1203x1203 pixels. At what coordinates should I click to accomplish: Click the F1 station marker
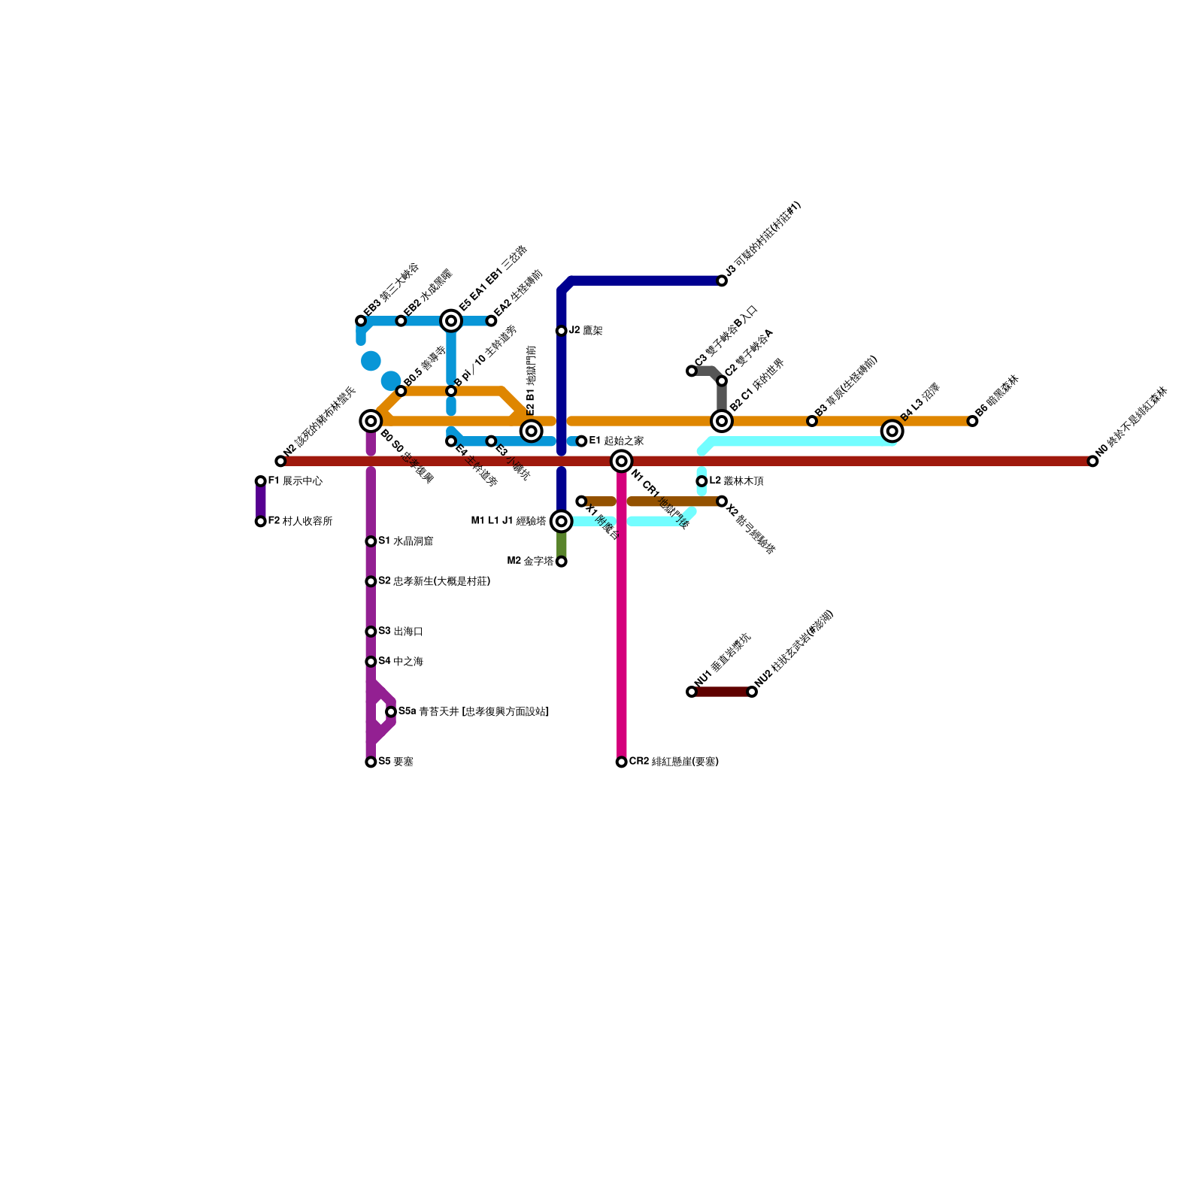(x=260, y=481)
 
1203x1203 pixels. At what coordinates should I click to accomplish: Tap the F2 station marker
(x=260, y=521)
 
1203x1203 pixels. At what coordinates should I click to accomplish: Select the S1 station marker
(x=371, y=541)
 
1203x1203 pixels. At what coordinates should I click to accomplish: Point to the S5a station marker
(x=391, y=711)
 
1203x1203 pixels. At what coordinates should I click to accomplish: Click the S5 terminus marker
(x=371, y=762)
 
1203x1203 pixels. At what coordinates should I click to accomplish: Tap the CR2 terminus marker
(x=621, y=762)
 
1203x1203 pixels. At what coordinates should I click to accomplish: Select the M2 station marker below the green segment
(x=561, y=562)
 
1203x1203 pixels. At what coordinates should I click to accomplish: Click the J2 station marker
(x=561, y=331)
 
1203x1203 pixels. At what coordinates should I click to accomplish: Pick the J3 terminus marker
(x=722, y=281)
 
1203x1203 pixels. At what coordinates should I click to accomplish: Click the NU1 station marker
(x=692, y=692)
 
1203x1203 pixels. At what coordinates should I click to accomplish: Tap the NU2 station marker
(x=752, y=692)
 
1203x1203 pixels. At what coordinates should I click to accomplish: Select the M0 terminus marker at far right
(x=1093, y=461)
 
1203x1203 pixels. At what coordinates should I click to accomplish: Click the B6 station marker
(x=972, y=421)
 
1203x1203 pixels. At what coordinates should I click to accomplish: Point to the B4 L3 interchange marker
(x=892, y=431)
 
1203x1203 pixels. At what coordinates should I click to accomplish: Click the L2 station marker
(x=701, y=481)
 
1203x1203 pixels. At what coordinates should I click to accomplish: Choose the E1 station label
(x=616, y=441)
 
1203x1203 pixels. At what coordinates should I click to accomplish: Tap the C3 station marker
(x=692, y=371)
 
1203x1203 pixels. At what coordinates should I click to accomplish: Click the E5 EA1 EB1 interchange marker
(x=451, y=321)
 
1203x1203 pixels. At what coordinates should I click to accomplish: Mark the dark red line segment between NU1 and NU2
(x=722, y=692)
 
